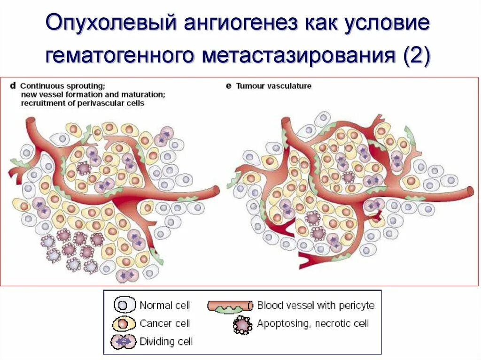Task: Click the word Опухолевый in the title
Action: (x=109, y=24)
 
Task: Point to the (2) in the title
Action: (x=415, y=55)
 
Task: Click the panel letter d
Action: (x=13, y=86)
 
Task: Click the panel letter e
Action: (x=229, y=86)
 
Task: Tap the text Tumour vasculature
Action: (x=273, y=86)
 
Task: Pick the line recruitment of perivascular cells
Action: (x=82, y=103)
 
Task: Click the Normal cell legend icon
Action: (x=124, y=306)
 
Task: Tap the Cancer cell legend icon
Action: (x=124, y=323)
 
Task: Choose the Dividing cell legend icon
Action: (x=124, y=341)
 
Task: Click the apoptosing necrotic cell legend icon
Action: (x=242, y=324)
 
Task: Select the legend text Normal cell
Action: (x=165, y=306)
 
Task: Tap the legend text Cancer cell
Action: (x=165, y=323)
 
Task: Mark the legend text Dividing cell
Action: (x=166, y=341)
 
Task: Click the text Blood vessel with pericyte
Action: (x=316, y=306)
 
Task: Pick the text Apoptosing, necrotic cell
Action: (x=313, y=323)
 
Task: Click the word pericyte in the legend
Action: (x=358, y=306)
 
